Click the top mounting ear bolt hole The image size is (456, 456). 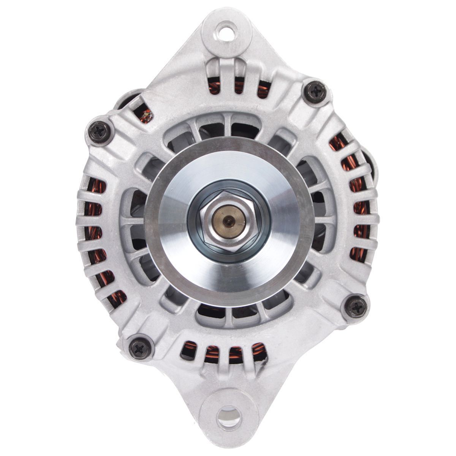click(x=226, y=29)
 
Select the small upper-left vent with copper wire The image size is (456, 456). click(x=145, y=113)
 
